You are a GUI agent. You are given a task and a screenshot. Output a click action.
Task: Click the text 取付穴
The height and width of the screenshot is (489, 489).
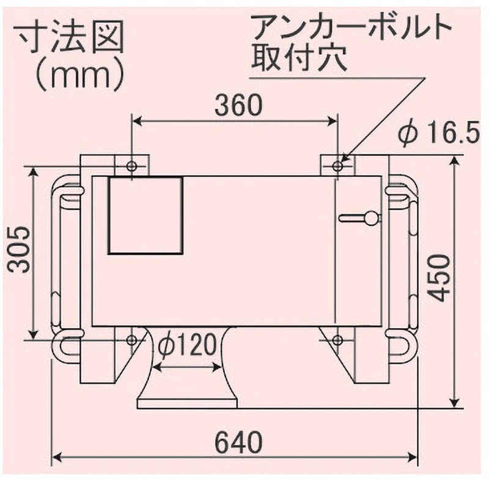pos(300,59)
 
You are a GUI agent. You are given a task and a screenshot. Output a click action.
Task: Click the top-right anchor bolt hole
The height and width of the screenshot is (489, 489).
pos(338,166)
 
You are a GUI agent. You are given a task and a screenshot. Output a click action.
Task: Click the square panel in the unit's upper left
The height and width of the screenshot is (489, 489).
pos(145,215)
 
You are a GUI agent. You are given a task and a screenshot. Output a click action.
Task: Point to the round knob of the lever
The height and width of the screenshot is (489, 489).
pos(371,217)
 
